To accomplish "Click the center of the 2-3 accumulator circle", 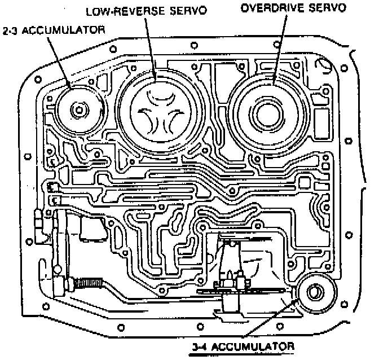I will click(x=78, y=109).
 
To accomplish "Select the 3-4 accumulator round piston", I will click(x=315, y=293).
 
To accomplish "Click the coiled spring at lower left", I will click(x=91, y=280).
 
